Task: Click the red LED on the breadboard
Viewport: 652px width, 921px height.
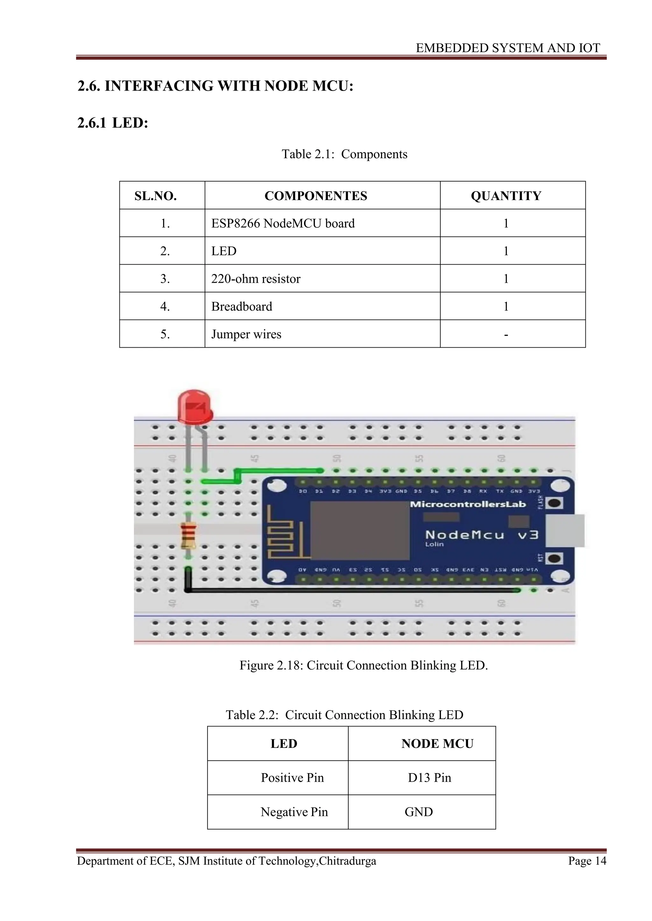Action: (195, 407)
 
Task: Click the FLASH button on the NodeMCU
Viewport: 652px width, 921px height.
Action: (555, 503)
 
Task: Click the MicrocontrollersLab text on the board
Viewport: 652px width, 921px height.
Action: (468, 504)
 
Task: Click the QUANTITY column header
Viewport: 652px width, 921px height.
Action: (506, 196)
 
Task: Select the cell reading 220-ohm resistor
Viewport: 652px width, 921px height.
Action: (256, 279)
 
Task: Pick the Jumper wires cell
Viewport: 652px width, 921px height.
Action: (246, 334)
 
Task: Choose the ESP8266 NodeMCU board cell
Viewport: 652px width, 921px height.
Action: (283, 224)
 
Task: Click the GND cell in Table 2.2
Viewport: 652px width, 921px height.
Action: (419, 812)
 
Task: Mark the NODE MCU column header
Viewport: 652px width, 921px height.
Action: (437, 743)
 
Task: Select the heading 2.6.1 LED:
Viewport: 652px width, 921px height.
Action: (113, 123)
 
